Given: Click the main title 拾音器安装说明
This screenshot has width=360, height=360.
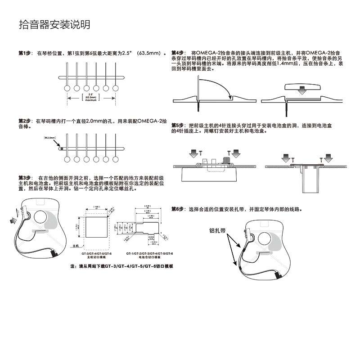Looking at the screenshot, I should pyautogui.click(x=54, y=24).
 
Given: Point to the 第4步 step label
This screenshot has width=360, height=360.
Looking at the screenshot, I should pyautogui.click(x=178, y=53).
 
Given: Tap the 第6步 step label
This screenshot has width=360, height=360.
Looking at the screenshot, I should pyautogui.click(x=178, y=209).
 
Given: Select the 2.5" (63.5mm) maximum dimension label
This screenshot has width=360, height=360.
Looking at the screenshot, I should pyautogui.click(x=91, y=97).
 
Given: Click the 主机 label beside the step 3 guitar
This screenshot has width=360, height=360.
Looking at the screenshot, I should pyautogui.click(x=76, y=247).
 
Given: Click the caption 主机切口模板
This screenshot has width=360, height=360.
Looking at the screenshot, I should pyautogui.click(x=96, y=258).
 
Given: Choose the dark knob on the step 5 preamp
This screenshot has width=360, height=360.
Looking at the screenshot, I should pyautogui.click(x=227, y=160).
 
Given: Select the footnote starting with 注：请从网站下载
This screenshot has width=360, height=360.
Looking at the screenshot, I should pyautogui.click(x=122, y=267).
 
